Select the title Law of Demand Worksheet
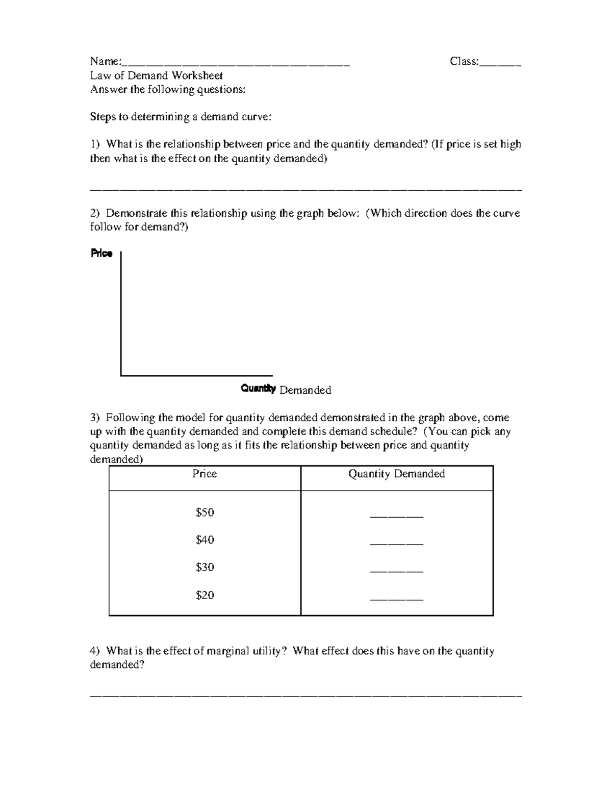157,75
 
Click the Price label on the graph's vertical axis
101,253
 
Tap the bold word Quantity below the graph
258,389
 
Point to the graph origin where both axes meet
121,375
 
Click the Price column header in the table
205,474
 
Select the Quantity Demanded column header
396,474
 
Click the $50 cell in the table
205,513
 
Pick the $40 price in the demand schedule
205,540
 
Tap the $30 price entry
205,567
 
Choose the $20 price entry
205,595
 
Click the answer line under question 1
306,190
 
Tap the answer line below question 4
306,696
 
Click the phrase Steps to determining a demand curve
181,117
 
